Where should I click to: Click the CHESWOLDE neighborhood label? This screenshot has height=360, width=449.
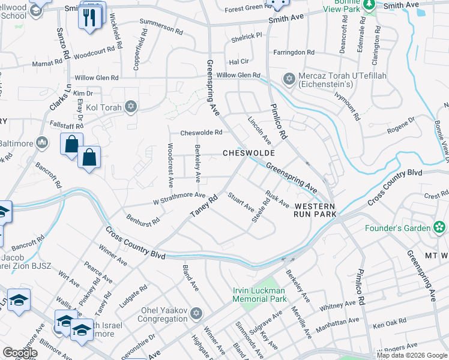click(x=249, y=153)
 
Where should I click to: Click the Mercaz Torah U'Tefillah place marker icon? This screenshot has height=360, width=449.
click(x=289, y=79)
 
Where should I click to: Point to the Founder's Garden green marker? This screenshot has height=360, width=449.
click(x=440, y=227)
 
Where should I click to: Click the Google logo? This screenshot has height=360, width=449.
click(x=20, y=352)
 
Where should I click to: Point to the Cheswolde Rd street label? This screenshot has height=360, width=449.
click(x=201, y=133)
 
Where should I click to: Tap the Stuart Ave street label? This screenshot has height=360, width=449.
click(x=240, y=202)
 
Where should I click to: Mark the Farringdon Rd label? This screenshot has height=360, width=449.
click(x=294, y=53)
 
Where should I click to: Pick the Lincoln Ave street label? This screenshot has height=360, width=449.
click(x=259, y=130)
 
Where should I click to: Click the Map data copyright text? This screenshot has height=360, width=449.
click(x=412, y=355)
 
